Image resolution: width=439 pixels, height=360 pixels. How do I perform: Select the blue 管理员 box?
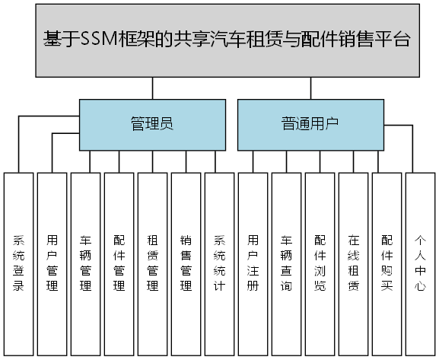[152, 124]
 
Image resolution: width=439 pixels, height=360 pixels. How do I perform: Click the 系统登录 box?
[19, 263]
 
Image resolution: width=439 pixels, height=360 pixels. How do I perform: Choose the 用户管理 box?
[52, 263]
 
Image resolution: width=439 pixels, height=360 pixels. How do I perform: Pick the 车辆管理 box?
[86, 263]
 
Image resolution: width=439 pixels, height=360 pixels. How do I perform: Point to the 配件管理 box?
[119, 263]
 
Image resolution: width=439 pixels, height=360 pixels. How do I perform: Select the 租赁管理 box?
[153, 263]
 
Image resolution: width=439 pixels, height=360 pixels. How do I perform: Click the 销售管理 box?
[186, 263]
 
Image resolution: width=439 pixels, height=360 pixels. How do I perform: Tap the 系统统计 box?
[220, 263]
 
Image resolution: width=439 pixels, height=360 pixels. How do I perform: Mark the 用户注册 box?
[253, 263]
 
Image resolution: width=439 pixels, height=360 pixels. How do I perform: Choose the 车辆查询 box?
[287, 263]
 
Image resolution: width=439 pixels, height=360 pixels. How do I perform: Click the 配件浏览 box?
[320, 263]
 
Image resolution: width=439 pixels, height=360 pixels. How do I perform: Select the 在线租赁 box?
[354, 263]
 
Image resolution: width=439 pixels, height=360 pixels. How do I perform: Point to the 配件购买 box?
[387, 263]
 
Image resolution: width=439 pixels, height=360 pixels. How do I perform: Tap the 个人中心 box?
[421, 263]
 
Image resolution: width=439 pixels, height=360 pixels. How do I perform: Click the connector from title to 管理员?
[152, 89]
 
